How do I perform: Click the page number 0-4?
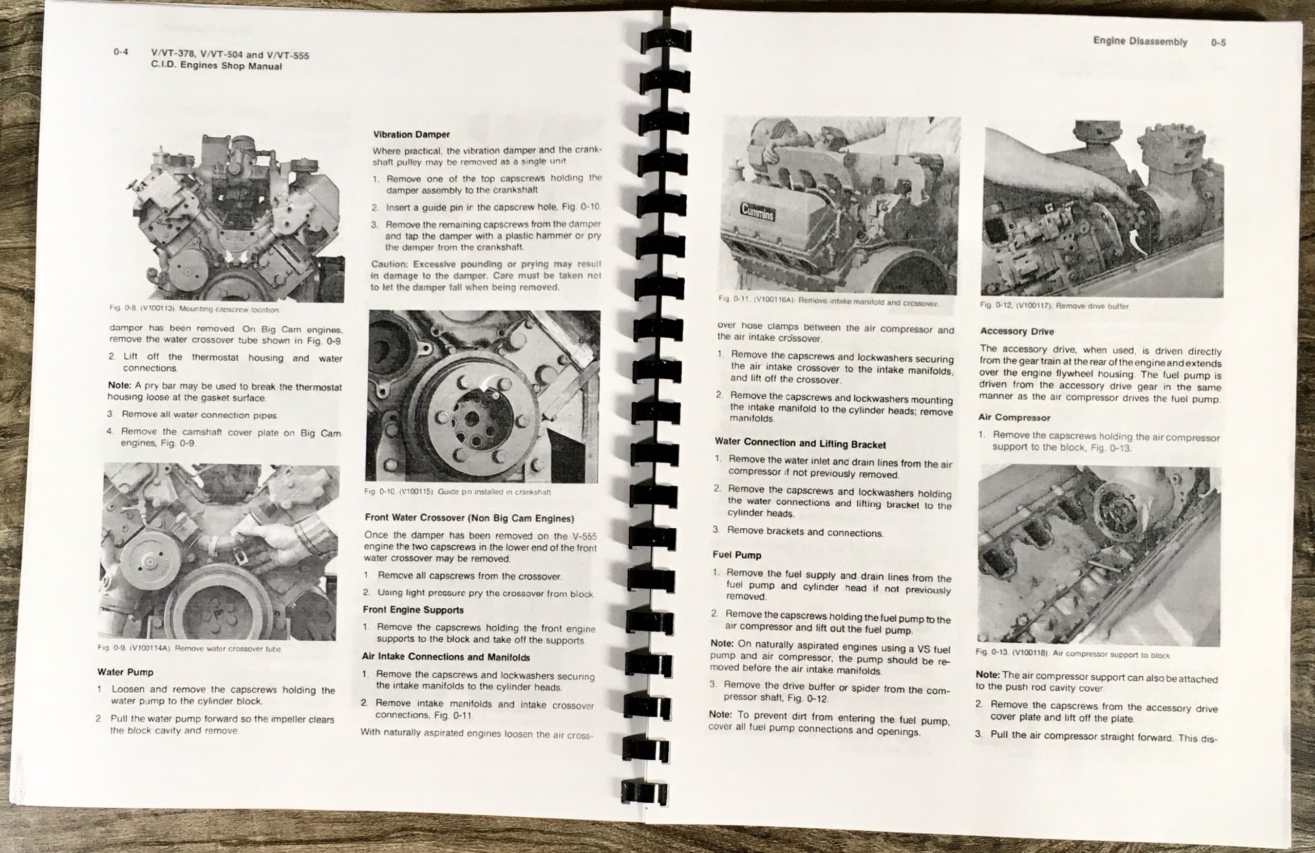121,52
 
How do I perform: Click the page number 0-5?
1218,42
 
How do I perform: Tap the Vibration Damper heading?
411,134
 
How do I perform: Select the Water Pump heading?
125,672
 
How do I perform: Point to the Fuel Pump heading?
737,555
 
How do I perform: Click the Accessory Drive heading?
1017,331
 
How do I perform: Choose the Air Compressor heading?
1015,417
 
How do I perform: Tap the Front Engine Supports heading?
414,610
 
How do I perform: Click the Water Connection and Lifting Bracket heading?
800,443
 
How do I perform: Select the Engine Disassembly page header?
1140,42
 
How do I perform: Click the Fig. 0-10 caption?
458,491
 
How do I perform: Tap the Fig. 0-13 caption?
1073,655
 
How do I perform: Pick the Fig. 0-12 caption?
1055,306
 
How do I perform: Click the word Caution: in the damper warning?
390,264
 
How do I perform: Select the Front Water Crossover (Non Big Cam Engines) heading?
469,518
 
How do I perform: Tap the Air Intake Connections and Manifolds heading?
446,657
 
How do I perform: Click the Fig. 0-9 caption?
190,648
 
